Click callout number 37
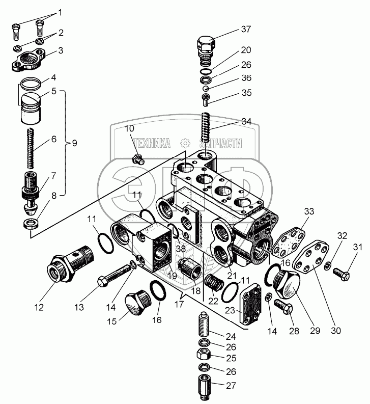tap(246, 29)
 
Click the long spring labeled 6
tap(30, 148)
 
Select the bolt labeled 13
tap(115, 275)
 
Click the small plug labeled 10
tap(138, 160)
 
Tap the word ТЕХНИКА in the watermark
tap(152, 144)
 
